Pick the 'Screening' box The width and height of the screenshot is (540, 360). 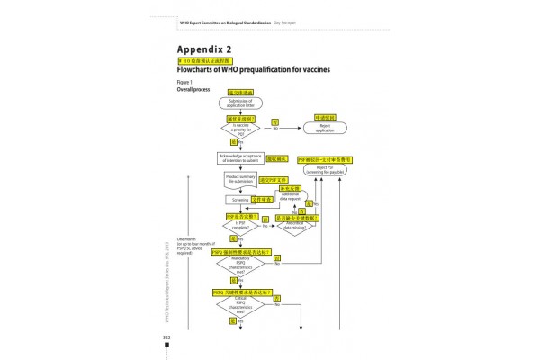(238, 200)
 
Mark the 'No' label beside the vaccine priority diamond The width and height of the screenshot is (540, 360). (274, 129)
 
